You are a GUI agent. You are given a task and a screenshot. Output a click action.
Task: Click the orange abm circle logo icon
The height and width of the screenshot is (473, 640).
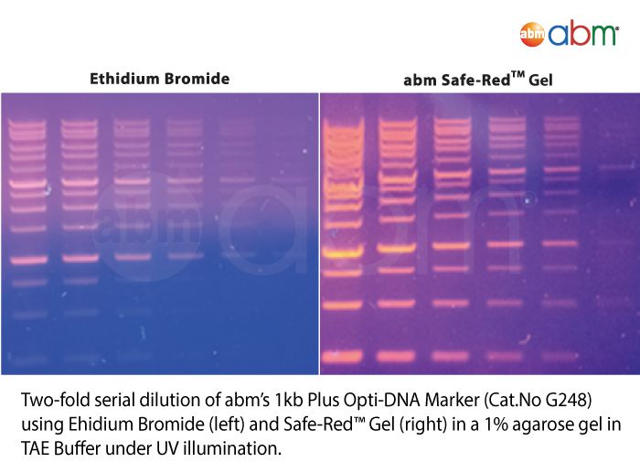(532, 35)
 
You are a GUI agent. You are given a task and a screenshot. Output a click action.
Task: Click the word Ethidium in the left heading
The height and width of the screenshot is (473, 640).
(124, 79)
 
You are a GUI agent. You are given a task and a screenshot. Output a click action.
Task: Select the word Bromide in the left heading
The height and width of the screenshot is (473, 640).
(197, 79)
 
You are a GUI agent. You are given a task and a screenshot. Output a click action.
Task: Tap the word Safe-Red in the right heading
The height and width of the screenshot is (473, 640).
(475, 80)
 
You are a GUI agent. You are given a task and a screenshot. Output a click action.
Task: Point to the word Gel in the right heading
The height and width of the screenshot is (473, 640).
(540, 80)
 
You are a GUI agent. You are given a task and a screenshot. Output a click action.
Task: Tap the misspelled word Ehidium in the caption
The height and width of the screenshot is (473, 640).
(101, 425)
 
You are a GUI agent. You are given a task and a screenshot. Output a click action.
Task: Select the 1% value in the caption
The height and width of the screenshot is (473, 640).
(496, 425)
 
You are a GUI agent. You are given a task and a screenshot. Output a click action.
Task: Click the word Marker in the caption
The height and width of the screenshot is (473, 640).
(452, 400)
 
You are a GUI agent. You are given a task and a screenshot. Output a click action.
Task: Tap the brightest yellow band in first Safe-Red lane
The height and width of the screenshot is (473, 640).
(343, 253)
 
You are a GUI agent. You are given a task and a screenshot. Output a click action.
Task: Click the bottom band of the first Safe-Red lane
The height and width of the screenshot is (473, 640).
(342, 356)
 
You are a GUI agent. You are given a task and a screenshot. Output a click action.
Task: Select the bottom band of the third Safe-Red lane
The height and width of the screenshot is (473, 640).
(451, 356)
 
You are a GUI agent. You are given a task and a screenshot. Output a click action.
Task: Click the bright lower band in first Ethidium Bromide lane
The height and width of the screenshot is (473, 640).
(29, 260)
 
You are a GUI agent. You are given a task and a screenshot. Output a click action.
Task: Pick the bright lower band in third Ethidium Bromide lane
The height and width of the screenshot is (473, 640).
(133, 257)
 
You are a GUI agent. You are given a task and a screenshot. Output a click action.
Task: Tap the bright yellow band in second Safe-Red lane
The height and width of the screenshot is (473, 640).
(396, 248)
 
